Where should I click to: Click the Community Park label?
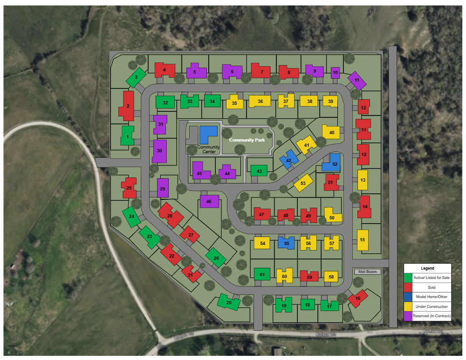(247, 140)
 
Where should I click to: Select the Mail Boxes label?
(367, 272)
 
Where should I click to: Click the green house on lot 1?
(127, 136)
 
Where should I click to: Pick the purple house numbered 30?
(159, 151)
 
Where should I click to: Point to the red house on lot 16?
(357, 298)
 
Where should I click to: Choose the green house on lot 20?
(229, 302)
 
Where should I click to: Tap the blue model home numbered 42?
(288, 160)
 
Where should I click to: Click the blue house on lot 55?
(287, 243)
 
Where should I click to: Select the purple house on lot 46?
(209, 201)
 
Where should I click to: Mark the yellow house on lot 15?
(363, 239)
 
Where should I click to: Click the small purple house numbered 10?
(336, 73)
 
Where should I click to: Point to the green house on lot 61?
(262, 274)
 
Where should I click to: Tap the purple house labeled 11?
(357, 80)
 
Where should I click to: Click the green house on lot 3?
(136, 77)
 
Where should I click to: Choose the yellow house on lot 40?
(331, 132)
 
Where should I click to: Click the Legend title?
(427, 268)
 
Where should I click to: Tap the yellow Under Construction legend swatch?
(408, 306)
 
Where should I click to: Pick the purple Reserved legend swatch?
(408, 316)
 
